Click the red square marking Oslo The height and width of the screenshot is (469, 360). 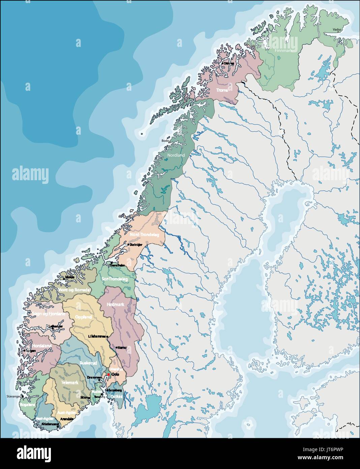point(108,375)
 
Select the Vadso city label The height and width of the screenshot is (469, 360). point(337,30)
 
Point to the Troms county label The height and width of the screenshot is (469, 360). point(222,90)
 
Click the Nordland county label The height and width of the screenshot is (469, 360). point(176,155)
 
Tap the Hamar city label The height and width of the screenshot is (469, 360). point(122,347)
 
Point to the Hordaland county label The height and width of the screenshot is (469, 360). point(42,346)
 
